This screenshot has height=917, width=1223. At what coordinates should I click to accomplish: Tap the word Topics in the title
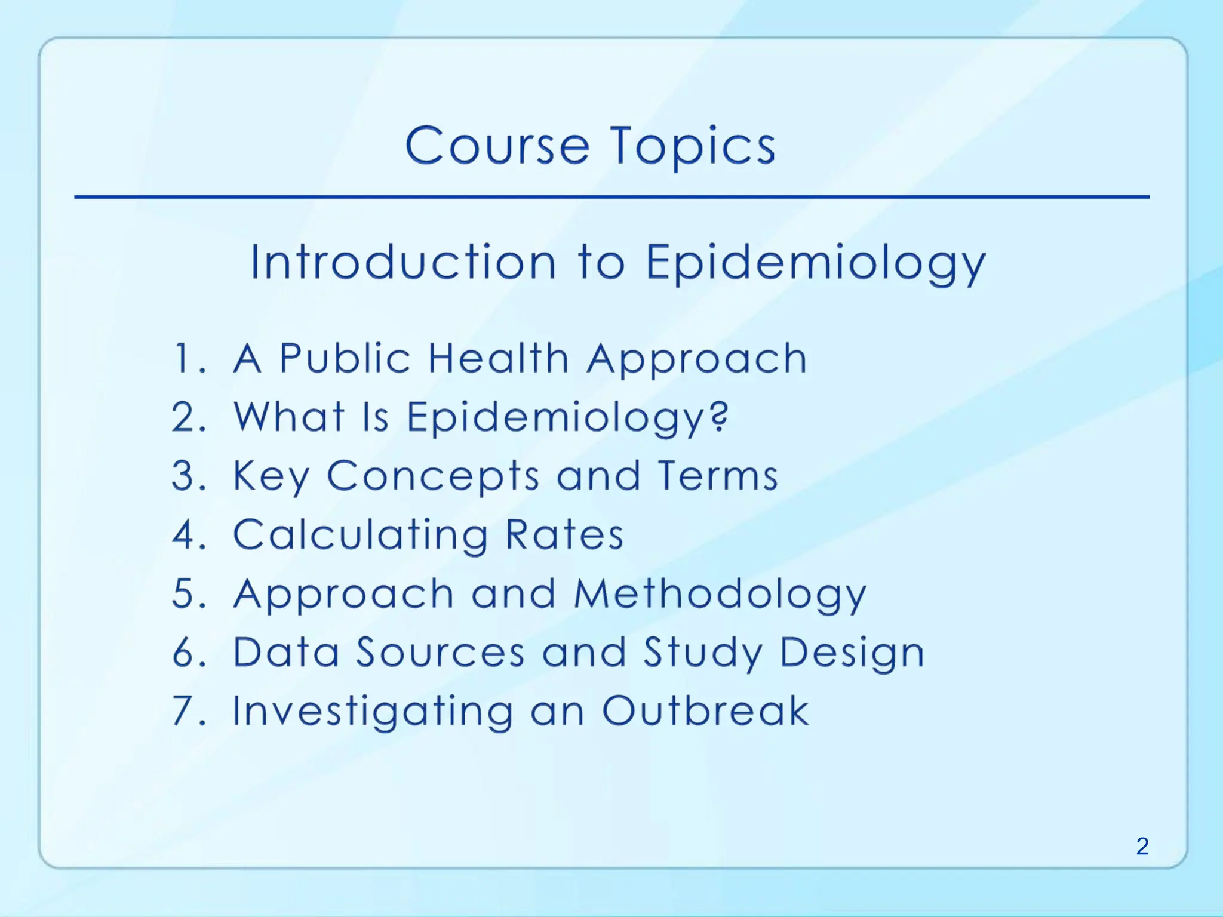[x=693, y=147]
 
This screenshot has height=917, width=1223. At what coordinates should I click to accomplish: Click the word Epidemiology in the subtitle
[x=815, y=263]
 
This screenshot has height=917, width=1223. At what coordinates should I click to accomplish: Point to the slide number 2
[x=1142, y=846]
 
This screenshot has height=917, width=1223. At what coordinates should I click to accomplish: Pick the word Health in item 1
[x=499, y=358]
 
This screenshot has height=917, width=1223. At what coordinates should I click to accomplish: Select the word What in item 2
[x=289, y=416]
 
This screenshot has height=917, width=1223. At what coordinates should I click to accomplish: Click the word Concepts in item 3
[x=433, y=476]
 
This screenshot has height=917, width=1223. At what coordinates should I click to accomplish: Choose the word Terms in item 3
[x=718, y=476]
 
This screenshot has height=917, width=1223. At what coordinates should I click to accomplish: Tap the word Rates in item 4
[x=564, y=534]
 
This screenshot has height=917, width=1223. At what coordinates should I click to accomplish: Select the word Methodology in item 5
[x=720, y=595]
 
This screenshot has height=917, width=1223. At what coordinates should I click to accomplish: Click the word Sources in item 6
[x=440, y=651]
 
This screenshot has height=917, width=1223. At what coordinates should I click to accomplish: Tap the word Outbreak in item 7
[x=705, y=710]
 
